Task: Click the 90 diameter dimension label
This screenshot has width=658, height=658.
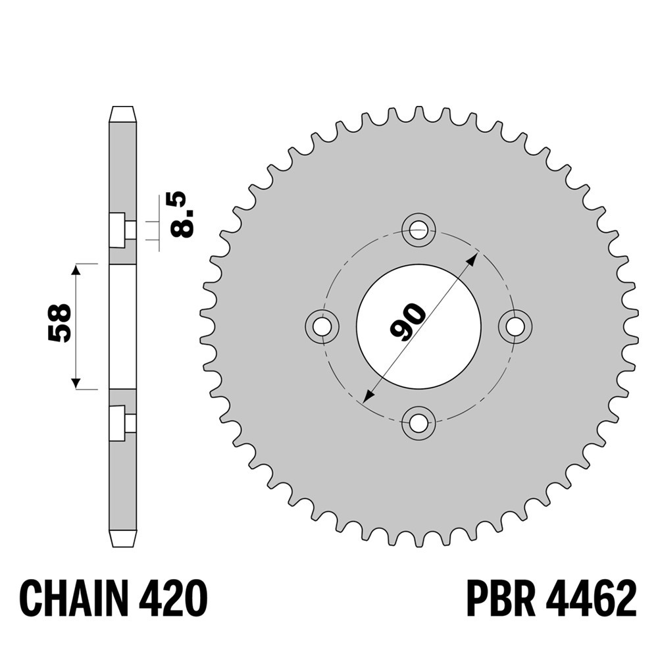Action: pos(407,321)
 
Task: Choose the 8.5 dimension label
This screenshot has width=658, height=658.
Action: pos(183,215)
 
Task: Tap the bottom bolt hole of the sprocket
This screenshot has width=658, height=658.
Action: pos(418,423)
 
